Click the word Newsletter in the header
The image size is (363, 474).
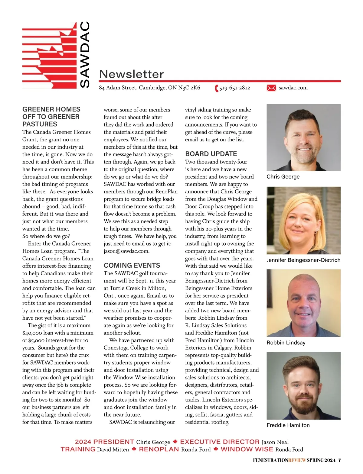(x=131, y=74)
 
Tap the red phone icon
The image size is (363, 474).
(x=217, y=88)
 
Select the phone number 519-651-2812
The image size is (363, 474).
(x=235, y=88)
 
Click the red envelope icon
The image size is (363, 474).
(x=271, y=88)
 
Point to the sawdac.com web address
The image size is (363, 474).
(x=293, y=88)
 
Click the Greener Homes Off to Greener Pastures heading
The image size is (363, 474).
(x=51, y=117)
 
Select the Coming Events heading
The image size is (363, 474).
(x=132, y=265)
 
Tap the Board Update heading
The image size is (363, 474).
(x=211, y=154)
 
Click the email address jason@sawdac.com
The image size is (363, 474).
(x=126, y=251)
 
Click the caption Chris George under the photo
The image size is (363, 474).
(x=283, y=177)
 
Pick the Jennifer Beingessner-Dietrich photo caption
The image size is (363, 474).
(x=303, y=260)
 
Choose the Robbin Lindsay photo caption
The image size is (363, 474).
(x=286, y=343)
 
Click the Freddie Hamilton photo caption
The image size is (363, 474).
(x=288, y=425)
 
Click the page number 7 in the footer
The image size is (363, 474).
(x=339, y=460)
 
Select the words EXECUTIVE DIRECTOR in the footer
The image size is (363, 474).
(x=220, y=442)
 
